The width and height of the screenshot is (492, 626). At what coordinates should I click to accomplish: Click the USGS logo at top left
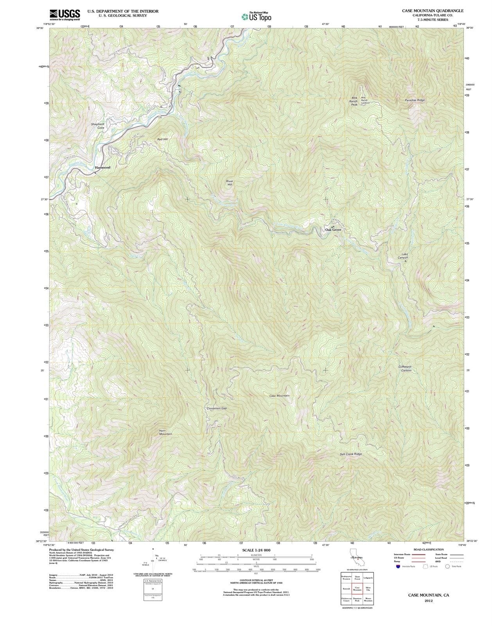click(65, 14)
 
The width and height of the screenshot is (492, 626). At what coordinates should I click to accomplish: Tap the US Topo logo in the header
click(256, 16)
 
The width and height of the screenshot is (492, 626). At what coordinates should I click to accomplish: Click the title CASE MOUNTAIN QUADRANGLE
click(433, 11)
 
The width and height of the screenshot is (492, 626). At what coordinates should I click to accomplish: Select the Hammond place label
click(102, 167)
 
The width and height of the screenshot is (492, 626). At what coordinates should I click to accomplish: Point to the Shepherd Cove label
click(97, 126)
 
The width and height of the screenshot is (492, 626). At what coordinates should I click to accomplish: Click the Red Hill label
click(162, 139)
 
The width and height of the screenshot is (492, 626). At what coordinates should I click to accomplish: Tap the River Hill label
click(230, 183)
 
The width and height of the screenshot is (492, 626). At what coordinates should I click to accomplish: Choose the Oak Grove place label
click(333, 230)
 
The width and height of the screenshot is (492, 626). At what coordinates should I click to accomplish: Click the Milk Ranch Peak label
click(354, 101)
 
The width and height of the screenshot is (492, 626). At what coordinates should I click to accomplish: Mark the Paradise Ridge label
click(415, 100)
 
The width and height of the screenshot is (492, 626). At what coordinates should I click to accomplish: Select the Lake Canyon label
click(403, 256)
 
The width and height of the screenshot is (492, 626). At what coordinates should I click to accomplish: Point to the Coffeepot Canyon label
click(405, 368)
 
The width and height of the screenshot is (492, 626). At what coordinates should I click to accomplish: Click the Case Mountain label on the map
click(279, 396)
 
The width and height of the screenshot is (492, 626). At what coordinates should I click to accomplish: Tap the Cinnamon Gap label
click(217, 408)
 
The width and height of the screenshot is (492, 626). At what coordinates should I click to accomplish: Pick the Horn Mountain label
click(165, 432)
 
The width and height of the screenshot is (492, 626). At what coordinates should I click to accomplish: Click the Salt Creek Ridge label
click(351, 454)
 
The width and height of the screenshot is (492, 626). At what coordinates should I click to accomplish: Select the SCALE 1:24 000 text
click(256, 550)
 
